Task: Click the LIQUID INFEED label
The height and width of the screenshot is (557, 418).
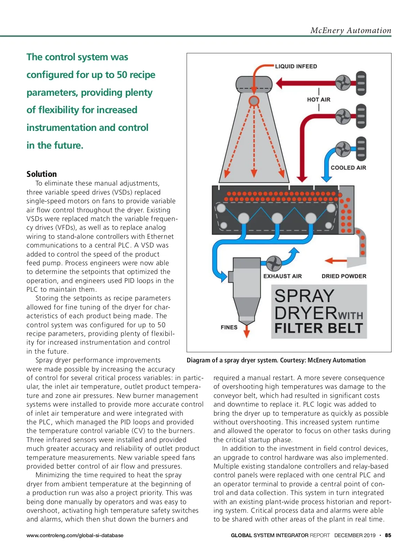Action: [x=296, y=66]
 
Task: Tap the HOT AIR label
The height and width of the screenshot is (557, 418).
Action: [x=318, y=100]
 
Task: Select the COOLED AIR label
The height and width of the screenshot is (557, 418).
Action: [x=348, y=167]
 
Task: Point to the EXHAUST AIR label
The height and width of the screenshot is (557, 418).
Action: [x=282, y=276]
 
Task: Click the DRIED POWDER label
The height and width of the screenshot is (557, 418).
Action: [x=344, y=276]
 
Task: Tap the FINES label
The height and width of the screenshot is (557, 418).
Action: [x=229, y=327]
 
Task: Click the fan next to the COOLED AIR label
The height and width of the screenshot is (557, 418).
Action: [x=343, y=149]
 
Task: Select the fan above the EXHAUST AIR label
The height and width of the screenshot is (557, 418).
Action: [x=274, y=264]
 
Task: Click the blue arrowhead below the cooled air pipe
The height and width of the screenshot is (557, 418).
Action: [x=326, y=179]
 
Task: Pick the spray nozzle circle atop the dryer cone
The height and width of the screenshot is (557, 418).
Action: [x=254, y=101]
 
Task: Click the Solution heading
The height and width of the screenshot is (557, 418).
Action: [x=41, y=174]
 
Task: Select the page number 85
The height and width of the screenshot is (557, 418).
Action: [x=388, y=535]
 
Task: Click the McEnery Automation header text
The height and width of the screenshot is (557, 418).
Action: [x=351, y=31]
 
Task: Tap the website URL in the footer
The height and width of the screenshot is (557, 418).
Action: [x=75, y=535]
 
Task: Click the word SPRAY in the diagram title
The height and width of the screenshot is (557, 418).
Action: [x=304, y=296]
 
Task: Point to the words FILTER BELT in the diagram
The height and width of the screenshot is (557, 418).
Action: [x=319, y=328]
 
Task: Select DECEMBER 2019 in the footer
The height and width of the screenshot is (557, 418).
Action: [x=355, y=535]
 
